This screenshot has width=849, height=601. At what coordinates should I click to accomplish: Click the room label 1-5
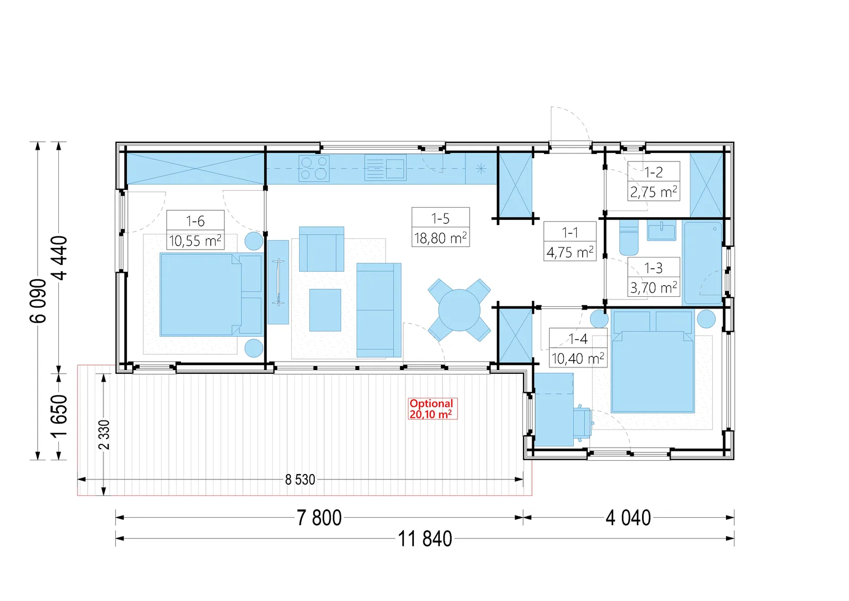coord(440,218)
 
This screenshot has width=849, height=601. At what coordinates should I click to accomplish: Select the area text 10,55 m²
coord(195,241)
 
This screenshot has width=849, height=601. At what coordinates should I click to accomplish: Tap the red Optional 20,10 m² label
coord(432,409)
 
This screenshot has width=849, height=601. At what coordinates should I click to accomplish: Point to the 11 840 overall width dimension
coord(425,539)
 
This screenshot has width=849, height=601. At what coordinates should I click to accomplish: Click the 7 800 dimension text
coord(319,518)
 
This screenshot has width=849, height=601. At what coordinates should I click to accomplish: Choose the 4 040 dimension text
coord(628,518)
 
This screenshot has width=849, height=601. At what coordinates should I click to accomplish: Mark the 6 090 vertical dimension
coord(38,300)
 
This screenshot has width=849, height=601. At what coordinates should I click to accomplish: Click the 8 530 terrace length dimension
coord(300,479)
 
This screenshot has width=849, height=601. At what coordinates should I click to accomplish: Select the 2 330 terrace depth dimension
coord(104,434)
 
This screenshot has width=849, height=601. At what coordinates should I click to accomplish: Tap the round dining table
coord(460,310)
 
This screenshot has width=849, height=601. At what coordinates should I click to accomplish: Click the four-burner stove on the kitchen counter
coord(314,168)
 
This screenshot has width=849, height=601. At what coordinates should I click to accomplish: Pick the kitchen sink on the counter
coord(385,167)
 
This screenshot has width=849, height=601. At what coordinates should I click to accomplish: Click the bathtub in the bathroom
coord(703,263)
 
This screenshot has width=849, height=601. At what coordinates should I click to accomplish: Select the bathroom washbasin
coord(661,231)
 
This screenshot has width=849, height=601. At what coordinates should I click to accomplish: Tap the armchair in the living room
coord(322,249)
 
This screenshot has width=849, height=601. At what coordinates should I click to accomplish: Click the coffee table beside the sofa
coord(325,310)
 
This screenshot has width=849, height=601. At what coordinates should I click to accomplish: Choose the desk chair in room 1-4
coord(583,423)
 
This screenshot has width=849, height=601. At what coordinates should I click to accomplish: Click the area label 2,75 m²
coord(653,192)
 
